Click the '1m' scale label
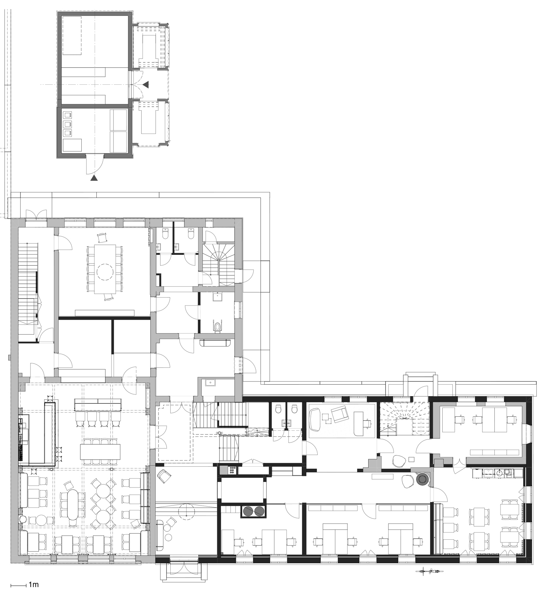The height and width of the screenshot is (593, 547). tap(34, 585)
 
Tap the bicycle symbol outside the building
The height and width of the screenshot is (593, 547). tap(429, 571)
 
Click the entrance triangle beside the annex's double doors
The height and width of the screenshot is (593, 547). tap(146, 84)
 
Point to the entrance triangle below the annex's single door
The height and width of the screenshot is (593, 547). tap(94, 178)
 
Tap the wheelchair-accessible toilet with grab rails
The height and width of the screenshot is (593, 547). tap(217, 327)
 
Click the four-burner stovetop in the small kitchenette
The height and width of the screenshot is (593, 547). tap(232, 470)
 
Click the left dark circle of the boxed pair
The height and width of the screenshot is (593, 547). tap(248, 512)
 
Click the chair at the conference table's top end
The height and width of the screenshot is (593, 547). tap(103, 237)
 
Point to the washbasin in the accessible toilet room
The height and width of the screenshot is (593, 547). tap(217, 297)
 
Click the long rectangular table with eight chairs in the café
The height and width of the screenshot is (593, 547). tap(101, 452)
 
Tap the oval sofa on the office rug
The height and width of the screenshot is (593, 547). tap(314, 419)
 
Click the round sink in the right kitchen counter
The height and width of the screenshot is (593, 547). tap(499, 473)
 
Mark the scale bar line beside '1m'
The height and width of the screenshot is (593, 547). tap(18, 586)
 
